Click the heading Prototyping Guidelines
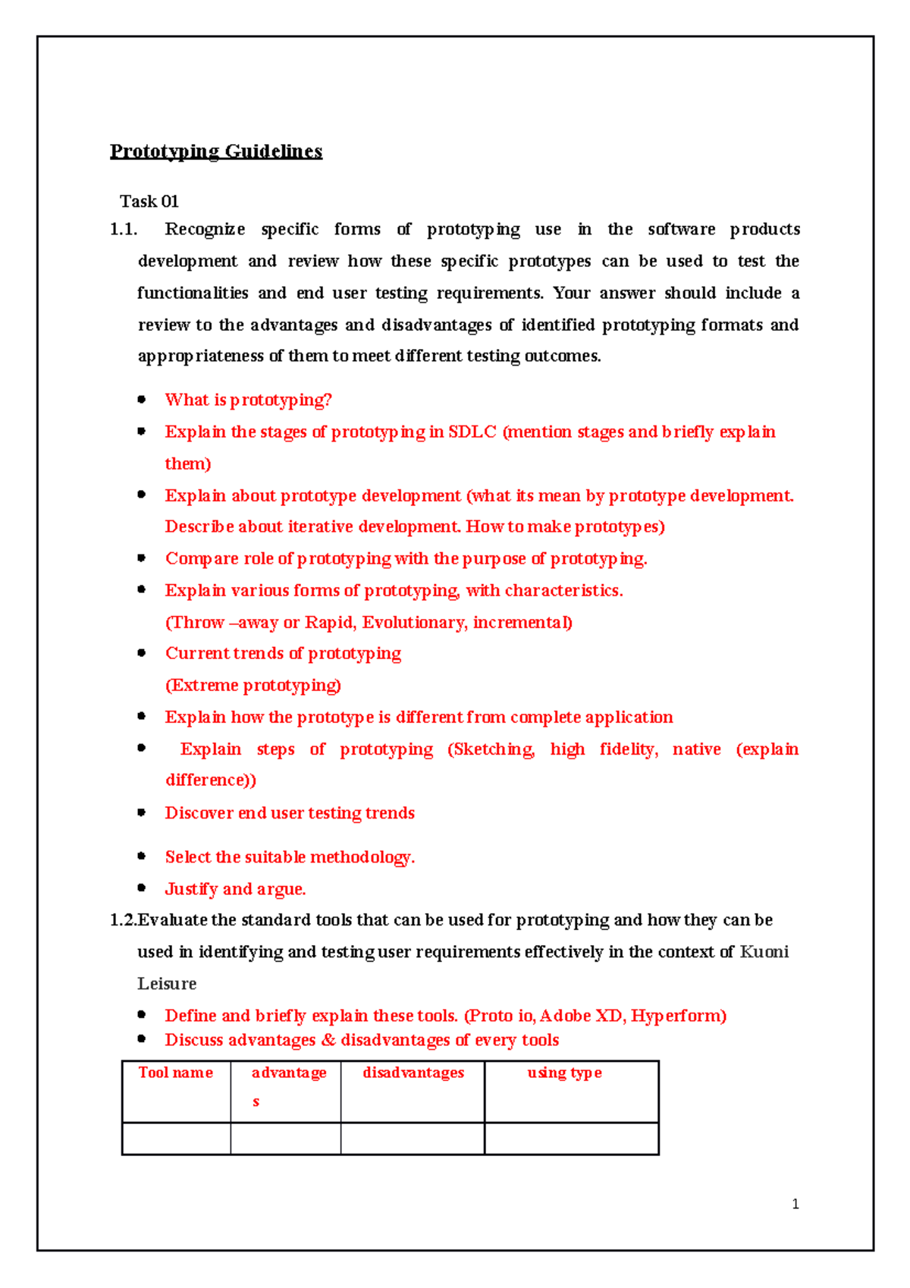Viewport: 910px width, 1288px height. click(x=216, y=151)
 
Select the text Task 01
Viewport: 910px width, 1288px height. click(x=149, y=202)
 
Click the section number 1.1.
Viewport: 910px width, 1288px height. click(x=124, y=229)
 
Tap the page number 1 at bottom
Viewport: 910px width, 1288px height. click(x=795, y=1204)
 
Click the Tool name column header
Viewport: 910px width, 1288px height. click(x=175, y=1073)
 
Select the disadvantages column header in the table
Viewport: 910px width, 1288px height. click(x=413, y=1073)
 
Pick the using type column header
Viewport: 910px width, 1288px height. click(x=565, y=1073)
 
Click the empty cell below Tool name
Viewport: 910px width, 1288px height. click(x=176, y=1139)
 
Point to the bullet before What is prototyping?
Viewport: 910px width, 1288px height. click(x=141, y=399)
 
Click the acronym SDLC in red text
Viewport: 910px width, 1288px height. click(x=472, y=432)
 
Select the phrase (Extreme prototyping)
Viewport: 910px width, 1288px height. click(x=253, y=685)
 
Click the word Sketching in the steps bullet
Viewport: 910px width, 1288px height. click(x=492, y=749)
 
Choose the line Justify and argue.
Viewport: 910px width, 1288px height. click(x=235, y=889)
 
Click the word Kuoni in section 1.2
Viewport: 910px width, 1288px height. click(x=764, y=952)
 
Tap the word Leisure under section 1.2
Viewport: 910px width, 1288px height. click(x=167, y=984)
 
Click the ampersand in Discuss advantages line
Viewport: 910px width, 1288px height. click(x=328, y=1040)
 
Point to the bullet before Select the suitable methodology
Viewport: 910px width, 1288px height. click(x=141, y=856)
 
